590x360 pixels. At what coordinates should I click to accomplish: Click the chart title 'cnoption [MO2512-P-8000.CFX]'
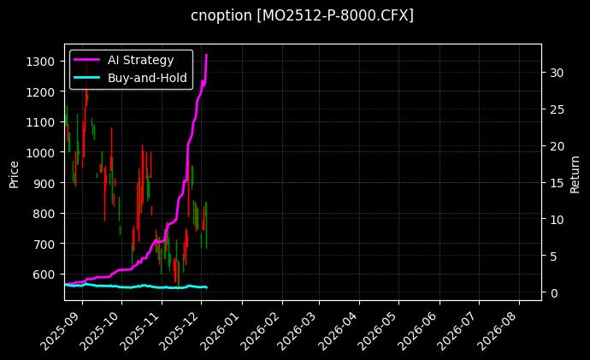coord(302,16)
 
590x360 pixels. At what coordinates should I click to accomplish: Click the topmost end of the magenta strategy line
coord(206,55)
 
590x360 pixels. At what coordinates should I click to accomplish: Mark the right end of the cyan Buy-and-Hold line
coord(206,287)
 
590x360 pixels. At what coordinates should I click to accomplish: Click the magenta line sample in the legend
coord(86,60)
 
